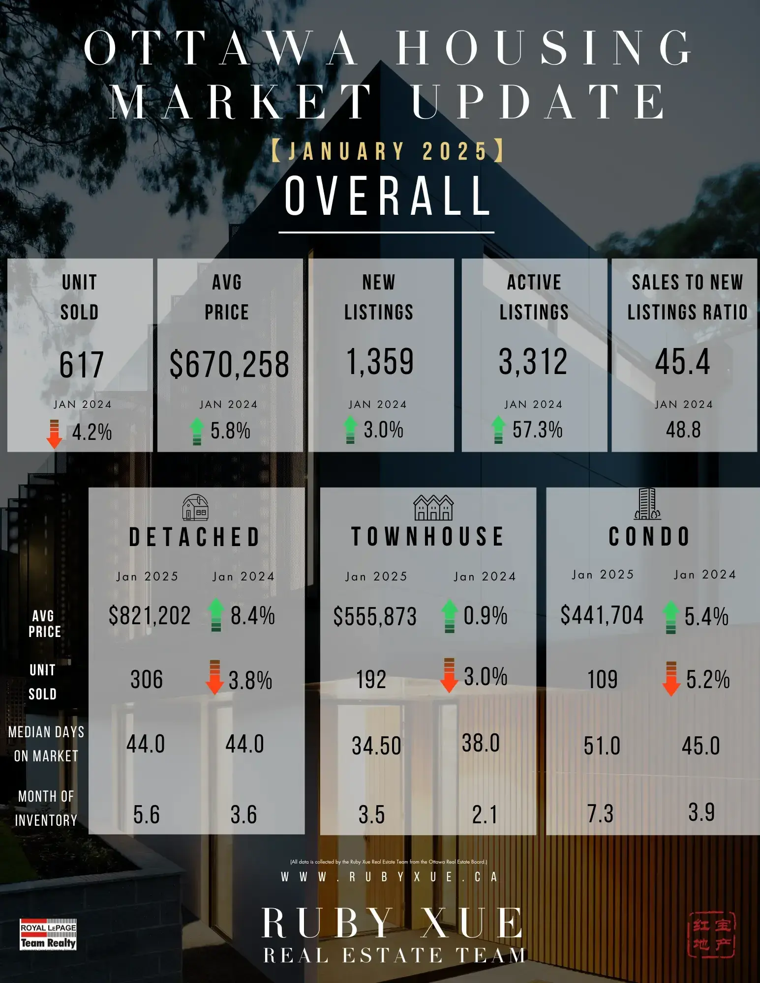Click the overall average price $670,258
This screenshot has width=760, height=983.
click(x=229, y=364)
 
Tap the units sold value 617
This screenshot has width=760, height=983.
click(x=81, y=365)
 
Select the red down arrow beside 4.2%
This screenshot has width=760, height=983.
click(x=54, y=434)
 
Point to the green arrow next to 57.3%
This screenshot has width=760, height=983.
click(x=498, y=430)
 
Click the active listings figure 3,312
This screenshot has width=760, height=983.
click(x=533, y=362)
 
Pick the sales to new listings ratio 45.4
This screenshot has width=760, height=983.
click(x=683, y=362)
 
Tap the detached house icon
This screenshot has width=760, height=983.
click(x=195, y=508)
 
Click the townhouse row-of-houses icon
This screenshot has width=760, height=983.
click(x=433, y=508)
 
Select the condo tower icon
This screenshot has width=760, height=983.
click(x=647, y=504)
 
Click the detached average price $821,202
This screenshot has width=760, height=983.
click(x=150, y=615)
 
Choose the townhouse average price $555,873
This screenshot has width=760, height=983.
click(x=375, y=616)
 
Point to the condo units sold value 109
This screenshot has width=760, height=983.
click(x=602, y=680)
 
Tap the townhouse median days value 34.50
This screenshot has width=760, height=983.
click(x=376, y=746)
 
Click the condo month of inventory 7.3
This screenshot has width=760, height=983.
click(x=600, y=814)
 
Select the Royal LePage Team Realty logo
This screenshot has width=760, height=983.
click(x=48, y=934)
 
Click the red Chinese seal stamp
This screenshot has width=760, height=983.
click(x=711, y=934)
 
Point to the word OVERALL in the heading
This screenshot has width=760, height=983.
click(x=388, y=196)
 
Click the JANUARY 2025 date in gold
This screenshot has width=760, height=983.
click(x=388, y=151)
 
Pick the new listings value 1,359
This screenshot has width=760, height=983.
click(x=380, y=362)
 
